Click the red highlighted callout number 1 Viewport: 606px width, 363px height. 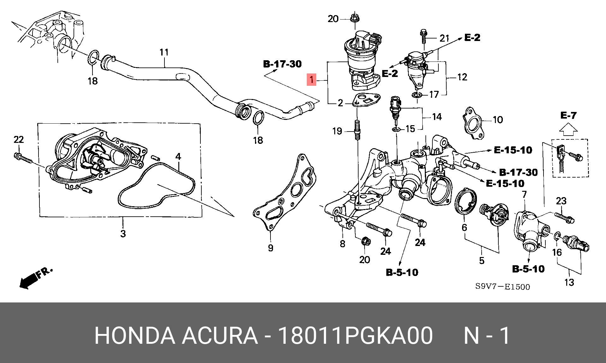tap(312, 80)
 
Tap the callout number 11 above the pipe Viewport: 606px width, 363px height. tap(164, 52)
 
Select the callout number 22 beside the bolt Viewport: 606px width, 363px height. tap(19, 139)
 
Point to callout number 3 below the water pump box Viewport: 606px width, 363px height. tap(123, 234)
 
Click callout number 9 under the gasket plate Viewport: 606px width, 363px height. tap(270, 248)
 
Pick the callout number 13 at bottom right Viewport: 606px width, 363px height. tap(569, 282)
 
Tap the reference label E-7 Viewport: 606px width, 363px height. tap(568, 116)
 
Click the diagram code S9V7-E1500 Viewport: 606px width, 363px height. tap(503, 287)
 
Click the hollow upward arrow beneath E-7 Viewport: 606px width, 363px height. tap(568, 127)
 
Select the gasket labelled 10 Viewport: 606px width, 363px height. tap(472, 123)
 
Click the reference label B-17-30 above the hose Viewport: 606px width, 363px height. tap(282, 64)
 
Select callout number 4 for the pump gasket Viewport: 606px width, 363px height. tap(178, 156)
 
